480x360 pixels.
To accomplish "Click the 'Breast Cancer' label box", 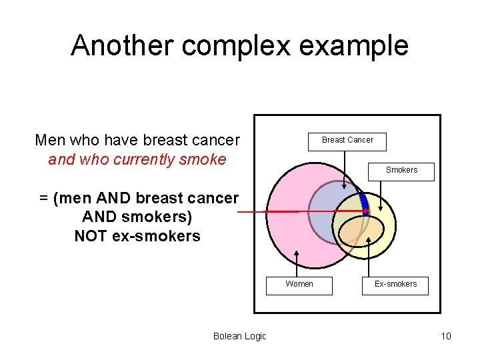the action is click(x=347, y=141).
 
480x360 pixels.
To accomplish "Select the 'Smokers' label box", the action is click(x=401, y=171).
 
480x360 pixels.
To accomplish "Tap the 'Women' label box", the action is click(x=299, y=285).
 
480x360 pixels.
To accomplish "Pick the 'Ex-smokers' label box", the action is click(x=395, y=285).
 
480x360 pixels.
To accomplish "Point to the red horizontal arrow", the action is click(x=300, y=211).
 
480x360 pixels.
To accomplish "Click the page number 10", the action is click(x=446, y=336).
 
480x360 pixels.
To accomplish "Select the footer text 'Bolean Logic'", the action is click(x=239, y=336).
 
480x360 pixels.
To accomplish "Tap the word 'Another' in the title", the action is click(x=122, y=45).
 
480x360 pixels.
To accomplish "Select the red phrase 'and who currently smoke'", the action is click(x=137, y=160).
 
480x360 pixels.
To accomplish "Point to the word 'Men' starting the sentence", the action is click(x=49, y=141).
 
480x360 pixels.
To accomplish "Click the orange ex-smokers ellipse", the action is click(x=360, y=231).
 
